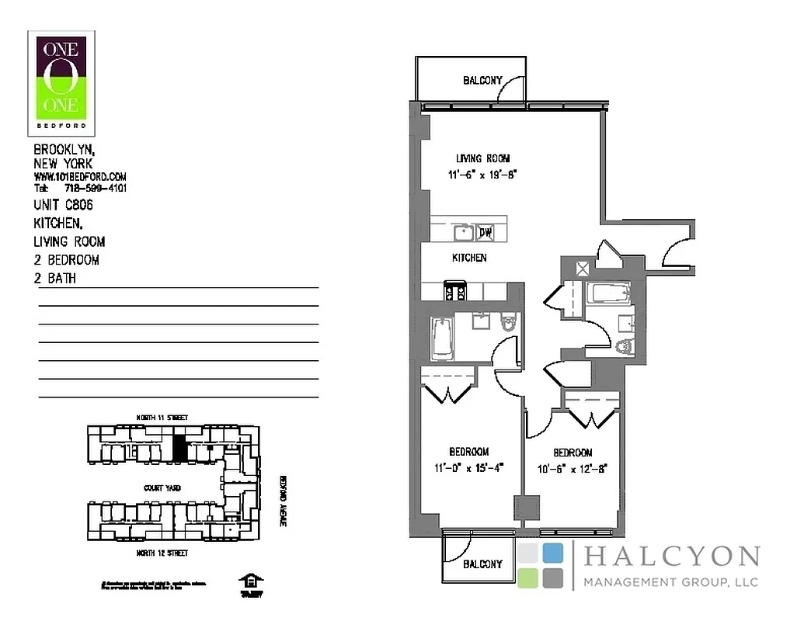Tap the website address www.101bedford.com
coord(80,177)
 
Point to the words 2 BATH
coord(55,278)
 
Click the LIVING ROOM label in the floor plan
coord(482,159)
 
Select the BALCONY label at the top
coord(482,80)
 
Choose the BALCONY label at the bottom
coord(482,564)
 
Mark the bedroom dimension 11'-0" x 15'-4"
coord(468,467)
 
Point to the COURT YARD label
coord(162,488)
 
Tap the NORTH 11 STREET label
coord(162,418)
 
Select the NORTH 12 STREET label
coord(162,553)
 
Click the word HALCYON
coord(671,557)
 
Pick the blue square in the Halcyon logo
coord(553,553)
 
